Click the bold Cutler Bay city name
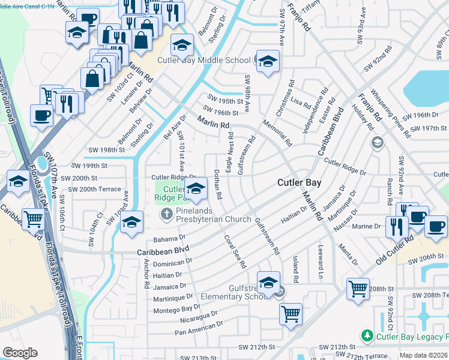coord(299,182)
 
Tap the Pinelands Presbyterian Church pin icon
coord(166,214)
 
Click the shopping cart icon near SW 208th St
coord(358,288)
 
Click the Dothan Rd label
coord(218,184)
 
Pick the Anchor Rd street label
coord(146,272)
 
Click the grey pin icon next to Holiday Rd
coord(377,142)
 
